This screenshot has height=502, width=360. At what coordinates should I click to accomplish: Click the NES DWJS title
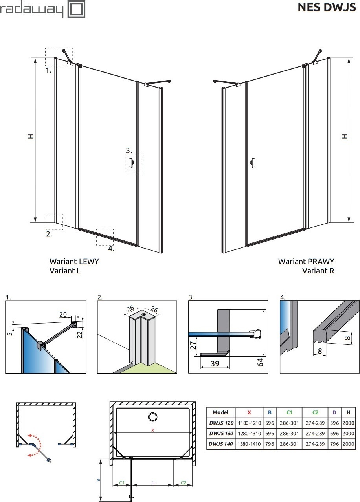[327, 7]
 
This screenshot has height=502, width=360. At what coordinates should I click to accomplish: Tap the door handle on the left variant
[131, 163]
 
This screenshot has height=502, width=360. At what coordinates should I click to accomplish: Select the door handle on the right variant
[253, 163]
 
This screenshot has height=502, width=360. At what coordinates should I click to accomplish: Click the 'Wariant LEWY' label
[74, 261]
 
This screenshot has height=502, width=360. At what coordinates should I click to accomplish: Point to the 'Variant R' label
[318, 271]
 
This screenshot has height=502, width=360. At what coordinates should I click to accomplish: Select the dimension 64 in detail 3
[260, 362]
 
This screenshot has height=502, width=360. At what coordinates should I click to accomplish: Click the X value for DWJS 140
[249, 444]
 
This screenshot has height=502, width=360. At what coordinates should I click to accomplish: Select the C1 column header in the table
[289, 412]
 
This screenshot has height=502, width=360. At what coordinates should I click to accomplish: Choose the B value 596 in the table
[269, 423]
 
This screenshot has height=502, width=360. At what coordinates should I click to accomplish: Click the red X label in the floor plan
[152, 431]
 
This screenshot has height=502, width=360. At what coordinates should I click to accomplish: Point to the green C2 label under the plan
[183, 482]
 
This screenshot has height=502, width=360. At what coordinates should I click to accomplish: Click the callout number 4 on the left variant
[111, 249]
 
